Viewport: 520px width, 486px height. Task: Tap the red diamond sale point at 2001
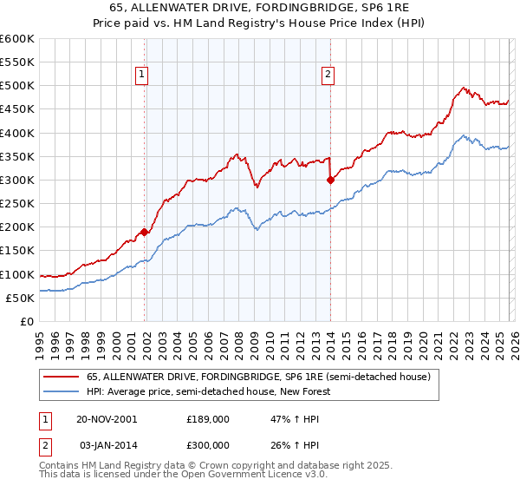point(145,232)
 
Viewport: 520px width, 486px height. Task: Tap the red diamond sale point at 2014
point(331,181)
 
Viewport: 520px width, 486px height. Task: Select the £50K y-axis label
point(20,298)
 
